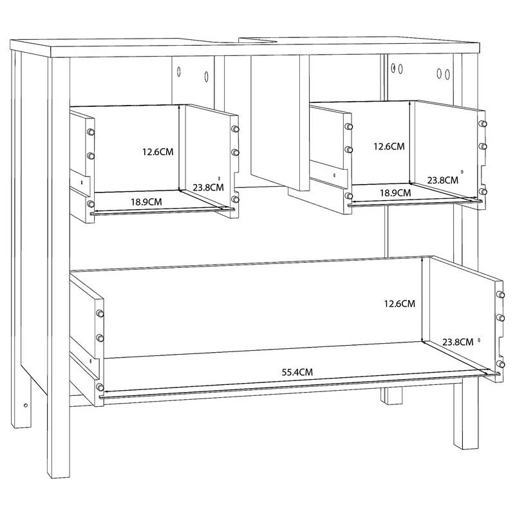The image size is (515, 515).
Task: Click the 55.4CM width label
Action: (297, 372)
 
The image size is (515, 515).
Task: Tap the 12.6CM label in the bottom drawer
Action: (399, 303)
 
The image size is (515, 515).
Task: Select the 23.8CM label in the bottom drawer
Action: (458, 342)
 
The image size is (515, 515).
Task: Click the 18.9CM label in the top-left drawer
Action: (146, 201)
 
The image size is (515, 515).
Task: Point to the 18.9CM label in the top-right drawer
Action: (395, 192)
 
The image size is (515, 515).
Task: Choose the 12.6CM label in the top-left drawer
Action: (158, 152)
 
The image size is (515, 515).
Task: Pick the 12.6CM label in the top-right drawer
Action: (389, 146)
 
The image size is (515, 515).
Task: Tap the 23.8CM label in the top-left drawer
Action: (208, 187)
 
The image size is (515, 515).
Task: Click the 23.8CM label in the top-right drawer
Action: (442, 180)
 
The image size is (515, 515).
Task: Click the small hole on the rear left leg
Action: (26, 406)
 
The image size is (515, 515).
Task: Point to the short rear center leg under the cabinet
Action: (391, 396)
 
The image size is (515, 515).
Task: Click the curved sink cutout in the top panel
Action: (258, 41)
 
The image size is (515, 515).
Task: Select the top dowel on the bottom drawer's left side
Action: (100, 314)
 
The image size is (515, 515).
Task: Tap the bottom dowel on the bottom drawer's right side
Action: (500, 364)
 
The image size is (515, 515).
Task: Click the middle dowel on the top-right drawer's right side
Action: (482, 146)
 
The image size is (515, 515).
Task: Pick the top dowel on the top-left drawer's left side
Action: (90, 132)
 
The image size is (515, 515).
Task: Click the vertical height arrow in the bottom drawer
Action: (422, 299)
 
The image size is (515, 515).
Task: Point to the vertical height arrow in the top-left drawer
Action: (180, 148)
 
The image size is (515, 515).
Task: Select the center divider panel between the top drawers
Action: (280, 122)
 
